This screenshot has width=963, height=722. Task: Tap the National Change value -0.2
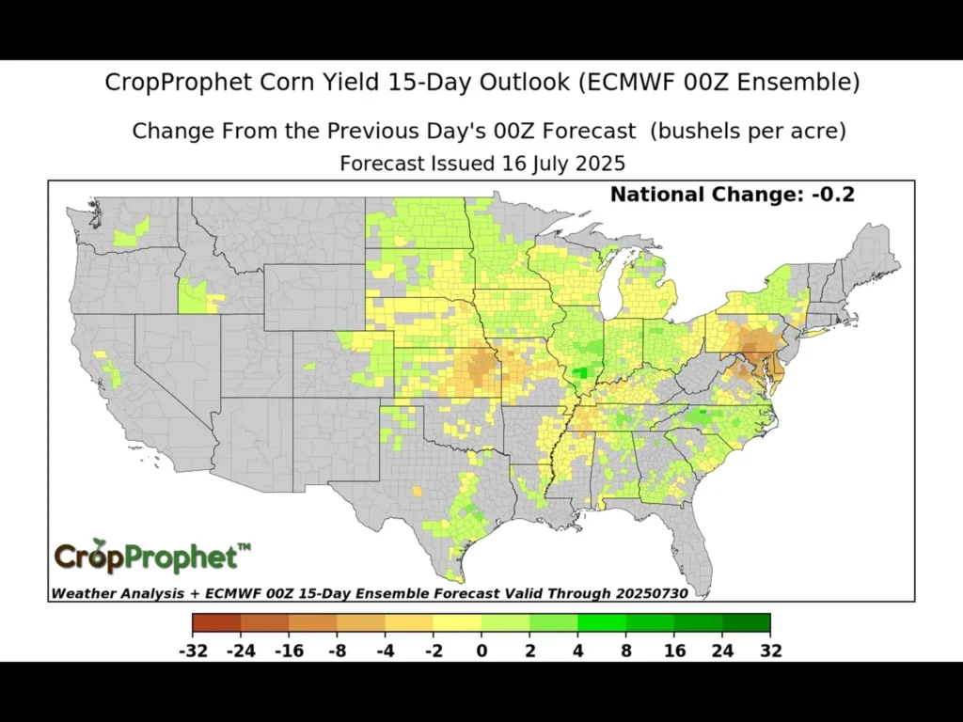pos(835,196)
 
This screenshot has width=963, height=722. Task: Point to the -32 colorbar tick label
pos(192,651)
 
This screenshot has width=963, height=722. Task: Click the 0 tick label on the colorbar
pos(481,651)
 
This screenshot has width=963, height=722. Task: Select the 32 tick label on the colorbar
pos(771,651)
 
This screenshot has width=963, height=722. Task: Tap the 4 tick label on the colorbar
pos(577,651)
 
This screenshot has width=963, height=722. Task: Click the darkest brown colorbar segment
pos(216,622)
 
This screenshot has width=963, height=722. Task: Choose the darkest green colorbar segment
pos(747,622)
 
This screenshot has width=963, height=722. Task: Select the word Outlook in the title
pos(512,83)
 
